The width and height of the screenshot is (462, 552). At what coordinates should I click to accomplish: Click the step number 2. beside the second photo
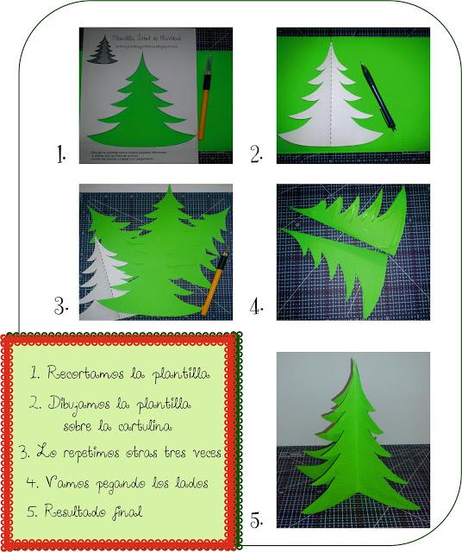(x=256, y=154)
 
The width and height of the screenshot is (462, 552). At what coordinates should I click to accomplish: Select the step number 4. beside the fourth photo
(x=256, y=306)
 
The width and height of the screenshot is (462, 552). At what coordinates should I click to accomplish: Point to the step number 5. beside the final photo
(x=256, y=520)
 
